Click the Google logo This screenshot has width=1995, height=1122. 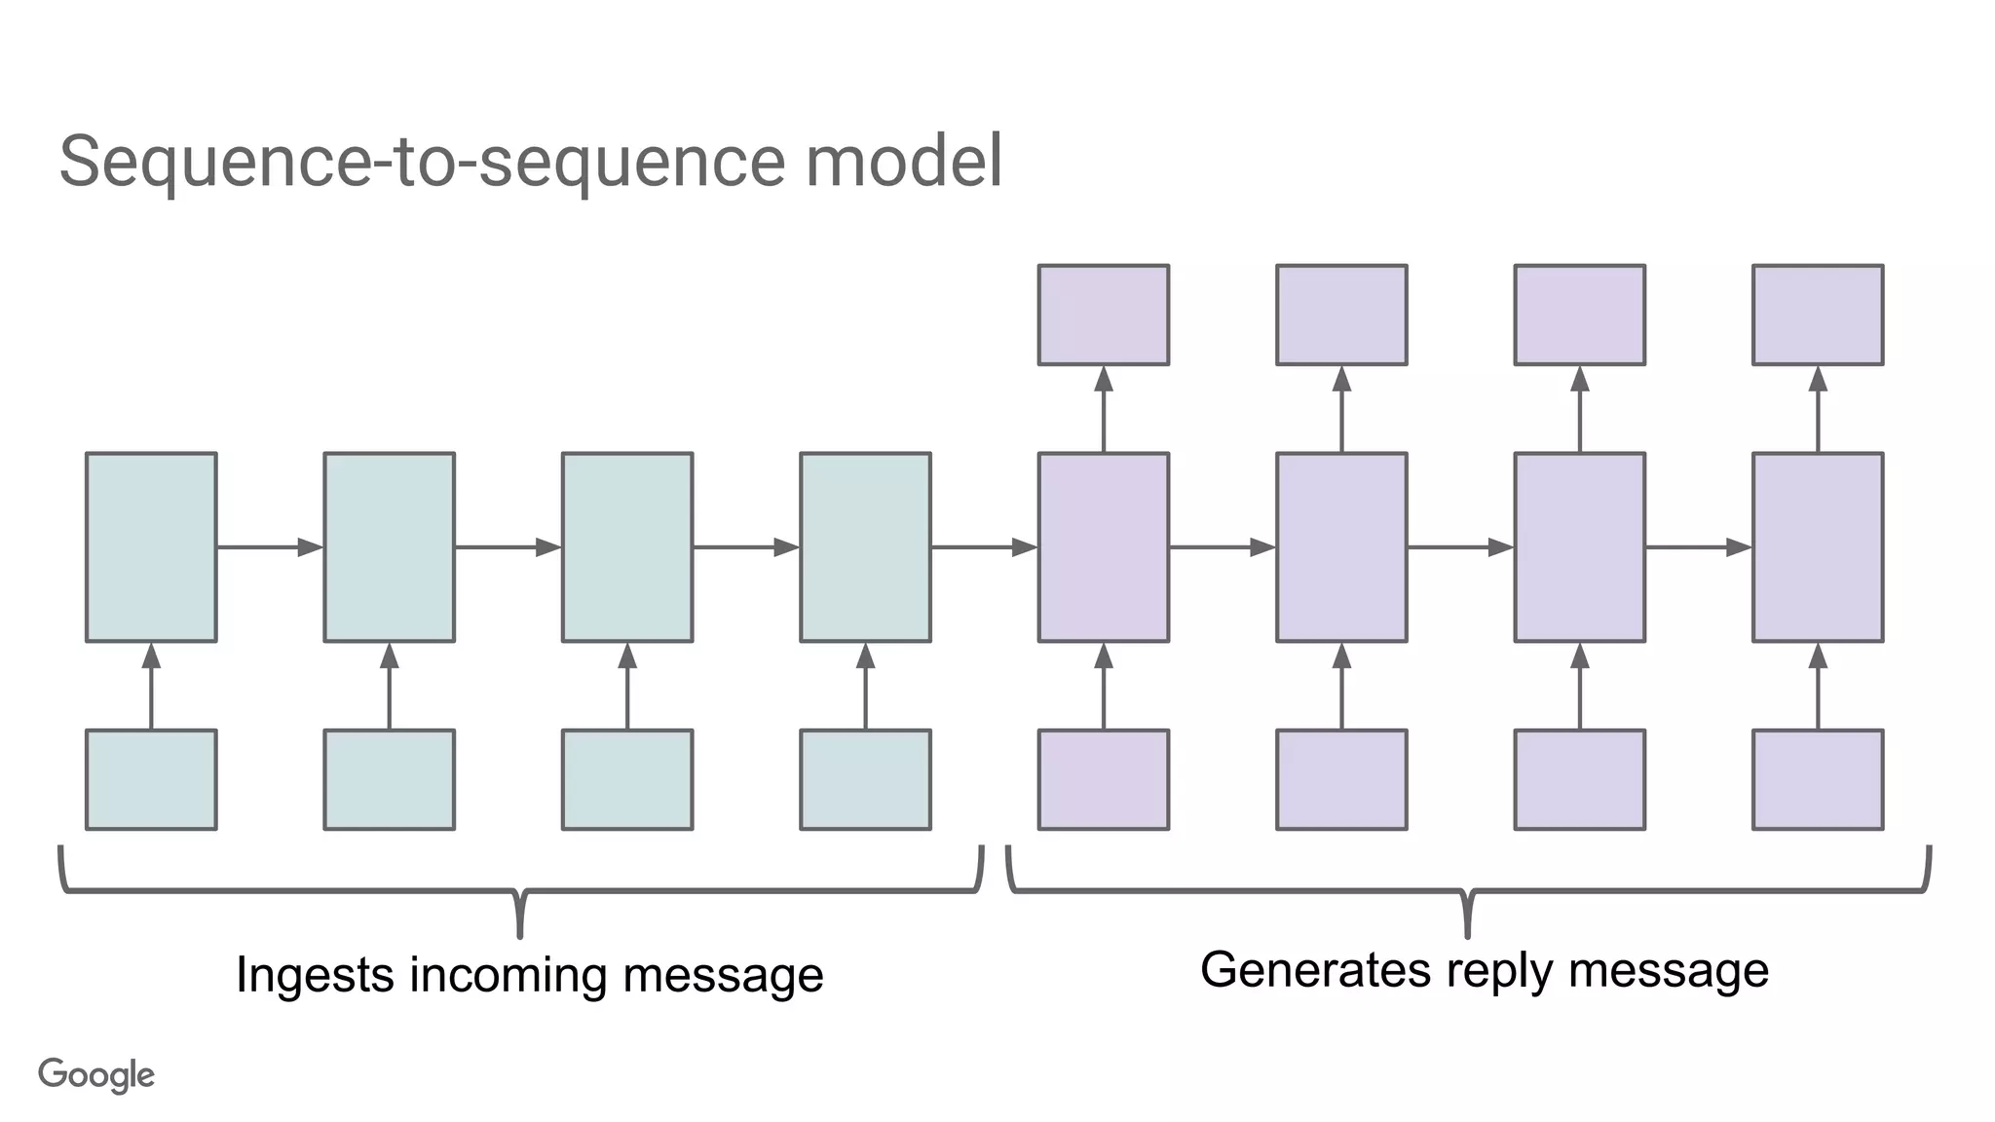click(x=96, y=1075)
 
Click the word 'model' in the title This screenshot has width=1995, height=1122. click(x=903, y=162)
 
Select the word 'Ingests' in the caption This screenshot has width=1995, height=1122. click(x=315, y=976)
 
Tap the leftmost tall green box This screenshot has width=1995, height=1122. click(x=151, y=547)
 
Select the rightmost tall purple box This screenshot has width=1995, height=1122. click(x=1818, y=547)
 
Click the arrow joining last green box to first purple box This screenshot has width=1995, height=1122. click(x=984, y=547)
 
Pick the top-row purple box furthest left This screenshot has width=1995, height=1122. click(x=1104, y=315)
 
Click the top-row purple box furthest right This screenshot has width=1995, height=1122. click(x=1818, y=315)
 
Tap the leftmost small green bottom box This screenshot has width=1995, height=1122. click(x=151, y=780)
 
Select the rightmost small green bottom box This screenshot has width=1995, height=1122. click(x=865, y=780)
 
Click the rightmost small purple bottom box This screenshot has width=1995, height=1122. click(x=1818, y=780)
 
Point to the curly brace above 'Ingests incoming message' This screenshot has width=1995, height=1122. click(x=520, y=890)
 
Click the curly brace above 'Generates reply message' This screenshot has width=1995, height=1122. click(x=1468, y=890)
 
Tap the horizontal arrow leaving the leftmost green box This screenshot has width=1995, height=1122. click(x=270, y=547)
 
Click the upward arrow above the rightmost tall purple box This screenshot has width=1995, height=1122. click(x=1818, y=409)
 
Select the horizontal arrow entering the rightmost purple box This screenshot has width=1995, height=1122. click(x=1699, y=547)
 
